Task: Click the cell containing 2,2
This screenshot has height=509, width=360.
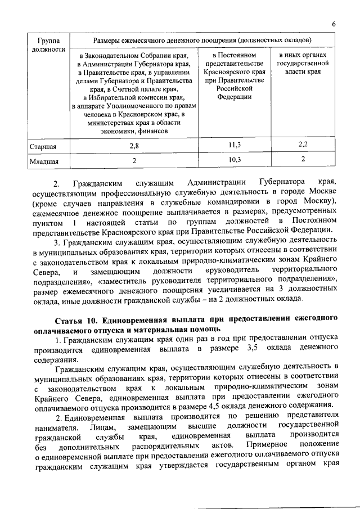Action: [x=303, y=146]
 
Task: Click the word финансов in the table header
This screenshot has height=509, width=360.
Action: [x=152, y=131]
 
